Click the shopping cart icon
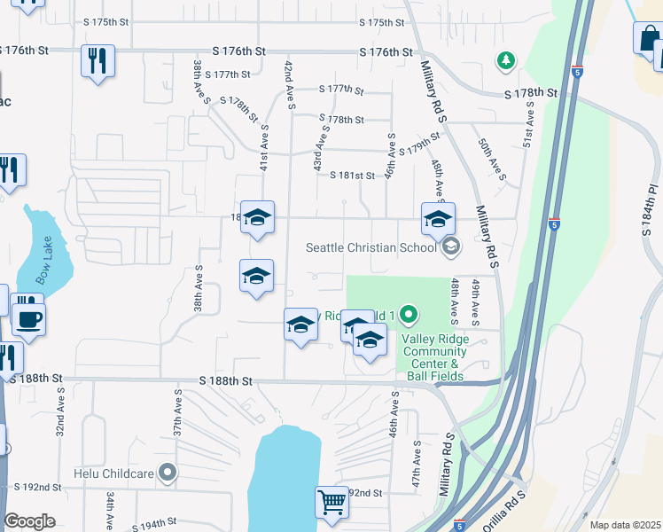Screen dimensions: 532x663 click(331, 502)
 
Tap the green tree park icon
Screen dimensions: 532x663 click(505, 60)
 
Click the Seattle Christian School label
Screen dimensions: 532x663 click(371, 247)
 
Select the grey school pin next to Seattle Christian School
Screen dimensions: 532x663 click(450, 246)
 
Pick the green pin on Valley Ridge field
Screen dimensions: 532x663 click(408, 314)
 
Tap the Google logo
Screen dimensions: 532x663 click(29, 521)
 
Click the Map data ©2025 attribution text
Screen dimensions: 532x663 click(625, 525)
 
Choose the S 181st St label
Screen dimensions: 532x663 click(352, 176)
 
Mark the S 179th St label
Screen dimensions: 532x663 click(419, 144)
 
